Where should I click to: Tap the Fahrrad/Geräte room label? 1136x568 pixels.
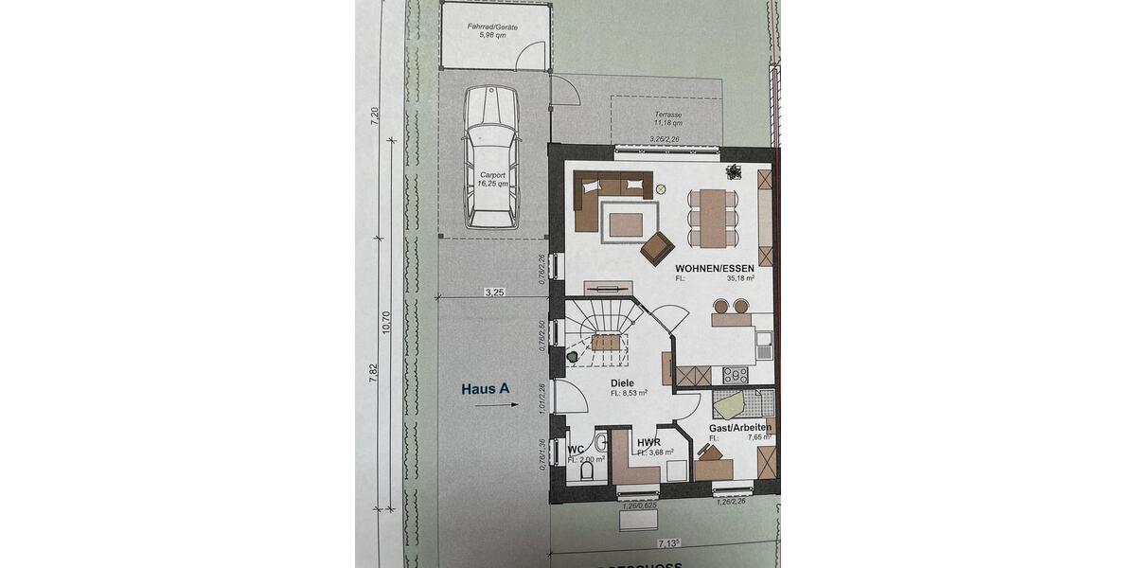[493, 30]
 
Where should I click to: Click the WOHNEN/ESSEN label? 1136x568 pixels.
[715, 269]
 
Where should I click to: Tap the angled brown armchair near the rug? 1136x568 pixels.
[655, 249]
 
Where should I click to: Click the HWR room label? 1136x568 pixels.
[648, 442]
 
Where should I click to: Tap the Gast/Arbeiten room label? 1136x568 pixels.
[740, 428]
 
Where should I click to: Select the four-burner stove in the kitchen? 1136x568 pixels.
[736, 375]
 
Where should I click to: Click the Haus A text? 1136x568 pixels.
[486, 387]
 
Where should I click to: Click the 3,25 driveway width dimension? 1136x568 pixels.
[493, 293]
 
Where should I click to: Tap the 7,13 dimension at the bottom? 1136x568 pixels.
[669, 543]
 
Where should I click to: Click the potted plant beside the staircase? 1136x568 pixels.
[576, 357]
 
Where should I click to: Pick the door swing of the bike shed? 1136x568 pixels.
[565, 89]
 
